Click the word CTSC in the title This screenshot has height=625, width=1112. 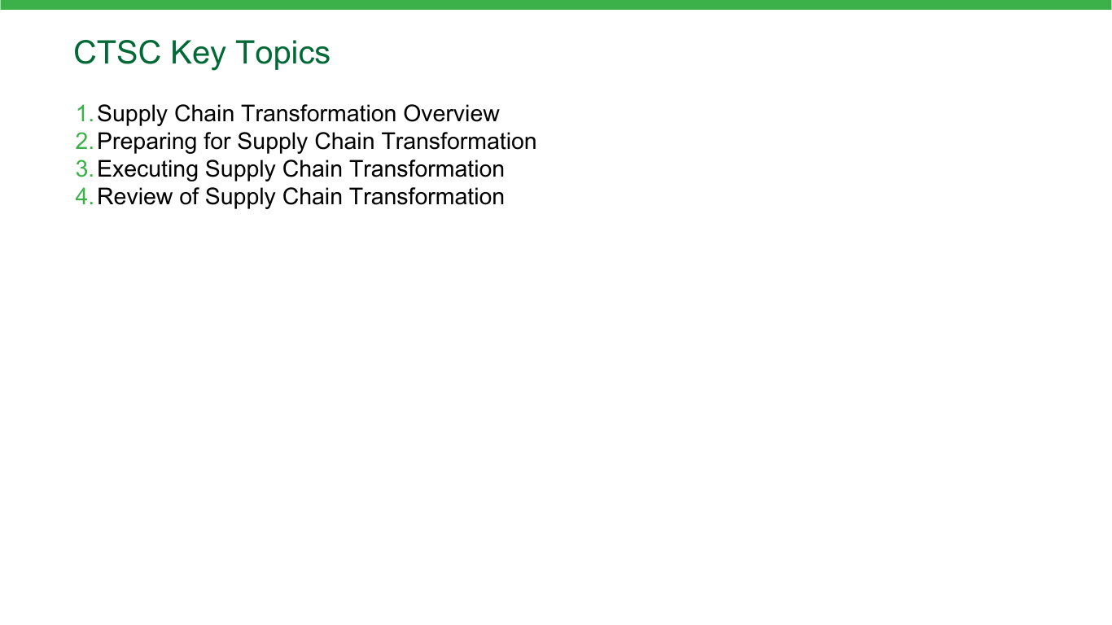(x=117, y=52)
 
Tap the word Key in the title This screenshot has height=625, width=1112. (x=198, y=54)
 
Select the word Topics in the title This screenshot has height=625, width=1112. (x=282, y=54)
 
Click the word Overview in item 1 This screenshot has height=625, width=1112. (x=451, y=113)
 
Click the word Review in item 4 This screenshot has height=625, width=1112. (x=134, y=197)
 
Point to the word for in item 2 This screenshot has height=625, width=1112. (x=217, y=141)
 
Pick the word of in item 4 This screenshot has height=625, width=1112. (x=189, y=197)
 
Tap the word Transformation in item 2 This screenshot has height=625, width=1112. (x=460, y=141)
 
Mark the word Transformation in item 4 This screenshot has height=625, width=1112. (x=427, y=197)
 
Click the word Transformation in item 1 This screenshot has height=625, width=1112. (x=319, y=113)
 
